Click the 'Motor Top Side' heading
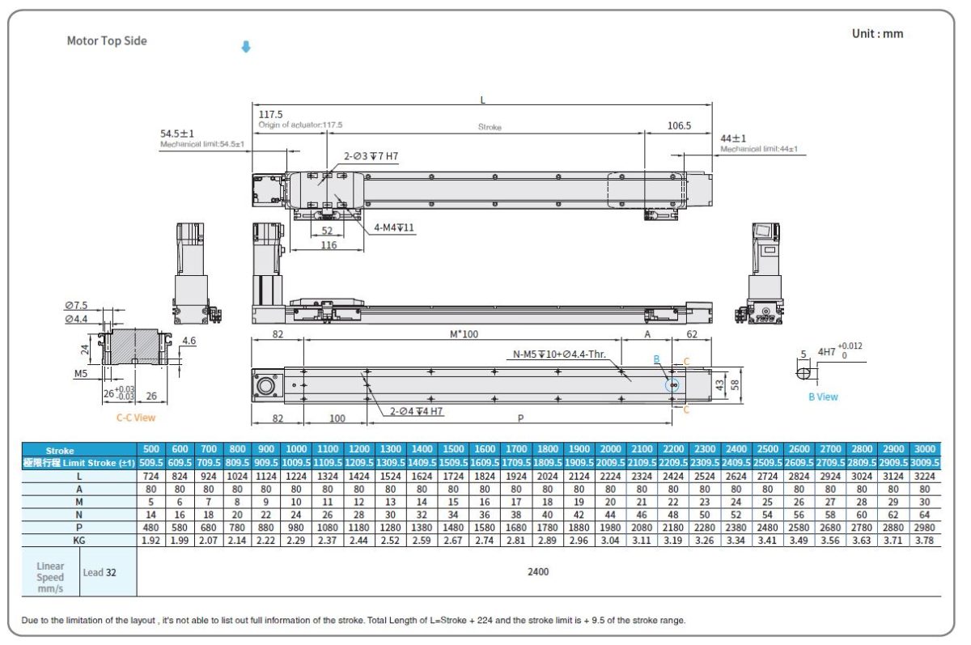107,40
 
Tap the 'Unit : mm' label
877,34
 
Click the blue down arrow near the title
246,47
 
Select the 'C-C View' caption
135,418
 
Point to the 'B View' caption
823,397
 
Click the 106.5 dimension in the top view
680,125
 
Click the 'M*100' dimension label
465,333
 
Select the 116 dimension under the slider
328,245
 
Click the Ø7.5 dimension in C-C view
76,305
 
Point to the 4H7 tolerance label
828,352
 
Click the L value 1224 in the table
296,477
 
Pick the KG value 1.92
151,541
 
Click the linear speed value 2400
538,571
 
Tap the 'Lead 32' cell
100,572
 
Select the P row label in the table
79,526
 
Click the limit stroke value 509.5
151,463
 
